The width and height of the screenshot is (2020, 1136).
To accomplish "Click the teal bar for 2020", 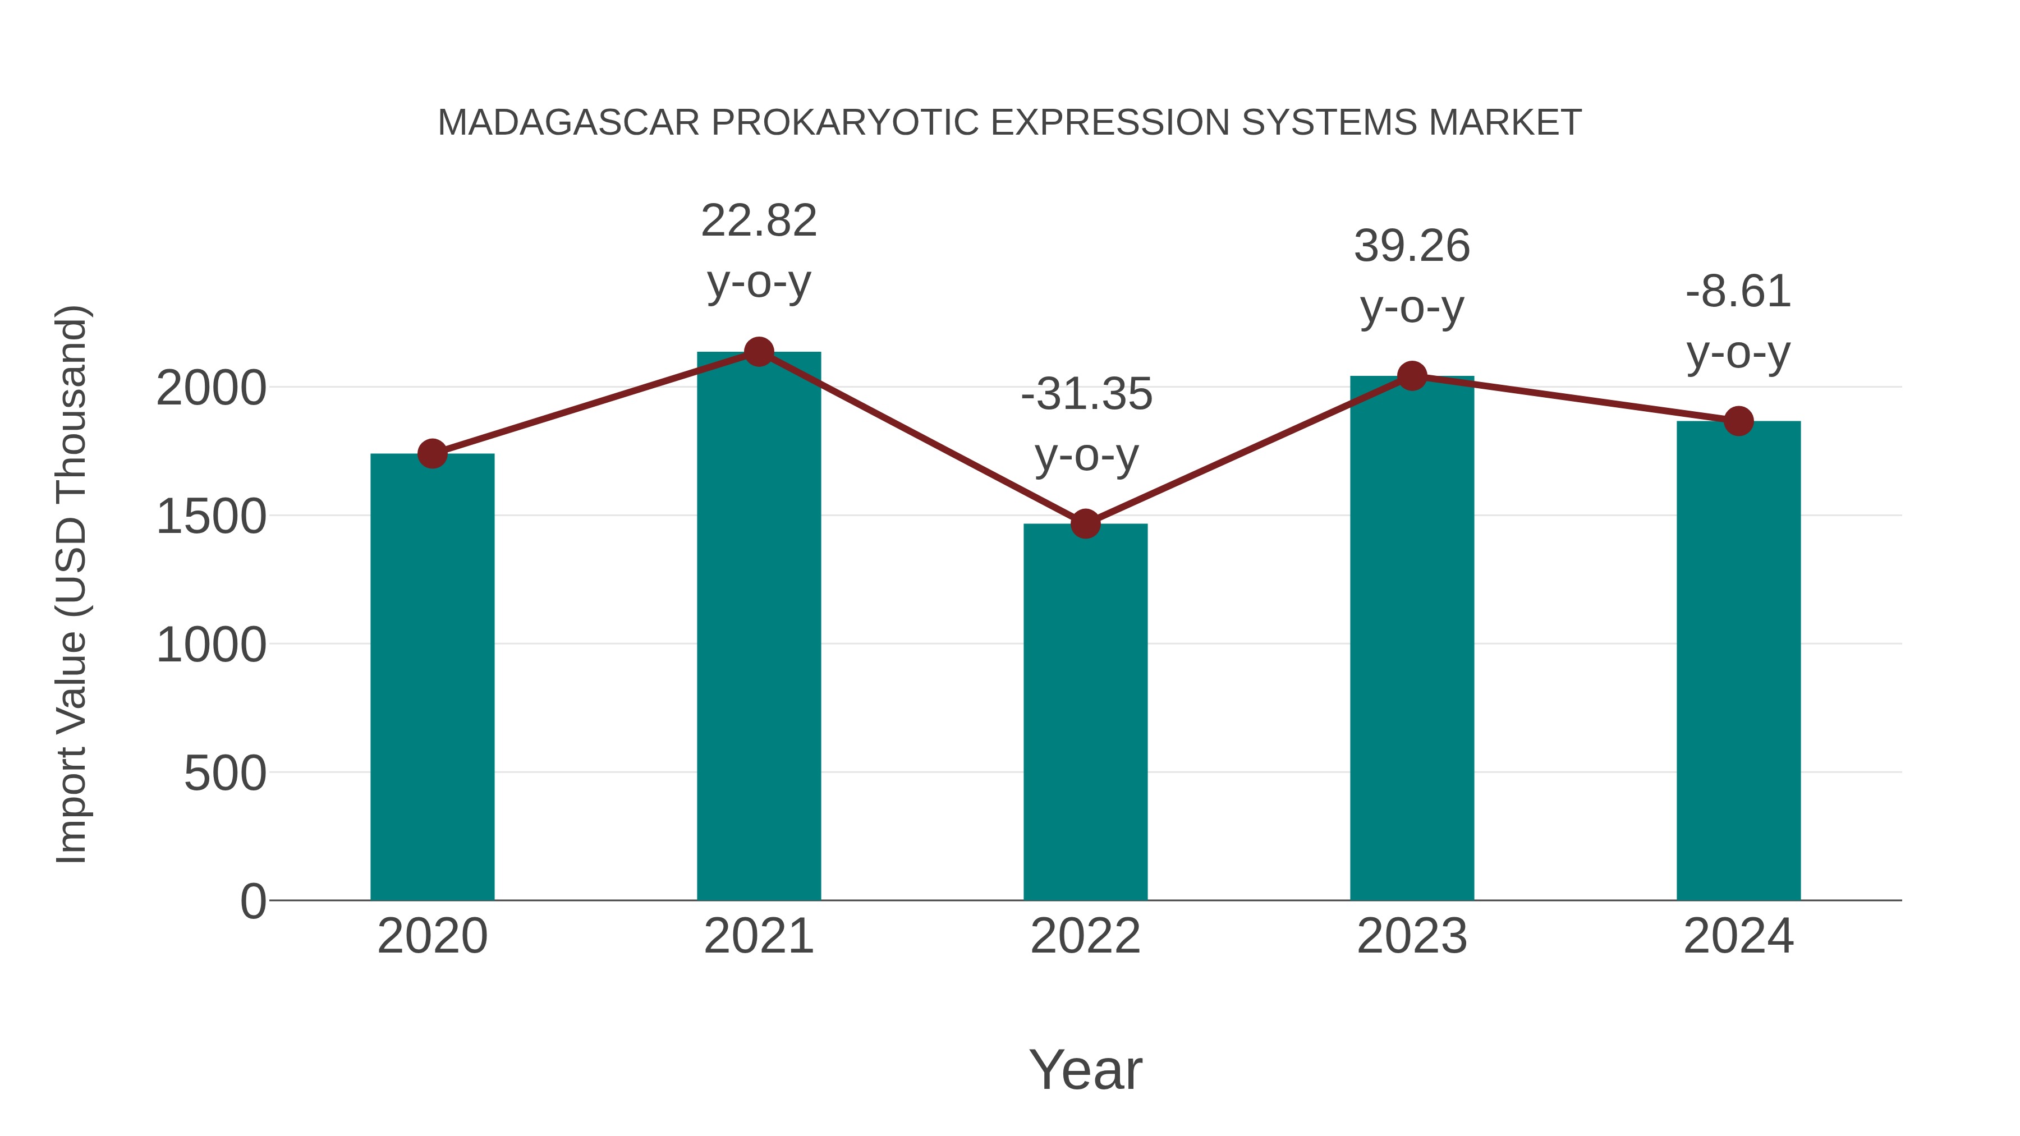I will tap(432, 678).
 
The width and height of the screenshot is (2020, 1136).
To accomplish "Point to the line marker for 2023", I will tap(1412, 376).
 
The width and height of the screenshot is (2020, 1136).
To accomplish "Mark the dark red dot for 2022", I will tap(1085, 524).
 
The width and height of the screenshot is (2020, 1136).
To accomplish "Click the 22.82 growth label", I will tap(758, 221).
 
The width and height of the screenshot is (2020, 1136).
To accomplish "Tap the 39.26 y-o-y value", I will tap(1412, 247).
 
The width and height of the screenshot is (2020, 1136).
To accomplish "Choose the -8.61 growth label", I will tap(1738, 292).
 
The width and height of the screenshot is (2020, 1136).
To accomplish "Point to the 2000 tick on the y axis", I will tap(211, 388).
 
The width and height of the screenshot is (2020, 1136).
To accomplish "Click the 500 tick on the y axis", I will tap(225, 774).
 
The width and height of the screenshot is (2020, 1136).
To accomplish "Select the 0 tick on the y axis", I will tap(252, 902).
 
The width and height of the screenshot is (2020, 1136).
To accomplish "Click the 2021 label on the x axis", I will tap(758, 937).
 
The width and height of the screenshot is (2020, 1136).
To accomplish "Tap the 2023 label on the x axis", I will tap(1412, 937).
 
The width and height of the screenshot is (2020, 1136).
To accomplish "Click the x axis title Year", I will tap(1085, 1070).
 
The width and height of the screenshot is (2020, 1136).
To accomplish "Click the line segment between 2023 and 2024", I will tap(1574, 398).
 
